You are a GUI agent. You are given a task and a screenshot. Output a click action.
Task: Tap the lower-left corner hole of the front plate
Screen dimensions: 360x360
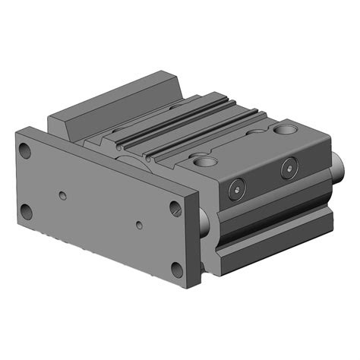[x=27, y=212]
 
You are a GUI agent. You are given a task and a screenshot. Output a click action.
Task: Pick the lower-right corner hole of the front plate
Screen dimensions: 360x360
[x=177, y=268]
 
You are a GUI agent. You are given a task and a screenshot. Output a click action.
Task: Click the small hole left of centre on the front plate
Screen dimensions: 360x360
[x=63, y=196]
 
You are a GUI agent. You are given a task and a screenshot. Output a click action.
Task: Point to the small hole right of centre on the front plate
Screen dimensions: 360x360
[x=139, y=226]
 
